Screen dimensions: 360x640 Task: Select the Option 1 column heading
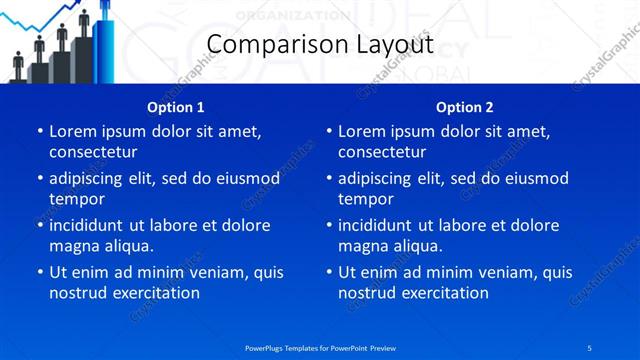coord(176,107)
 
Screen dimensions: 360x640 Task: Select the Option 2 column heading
coord(465,107)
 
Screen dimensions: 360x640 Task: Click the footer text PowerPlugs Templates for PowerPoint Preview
coord(320,347)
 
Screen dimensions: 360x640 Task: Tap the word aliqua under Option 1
coord(128,246)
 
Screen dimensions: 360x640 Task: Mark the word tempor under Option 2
coord(366,199)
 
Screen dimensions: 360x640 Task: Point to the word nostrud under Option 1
coord(76,293)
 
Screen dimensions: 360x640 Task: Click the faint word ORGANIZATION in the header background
coord(293,15)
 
